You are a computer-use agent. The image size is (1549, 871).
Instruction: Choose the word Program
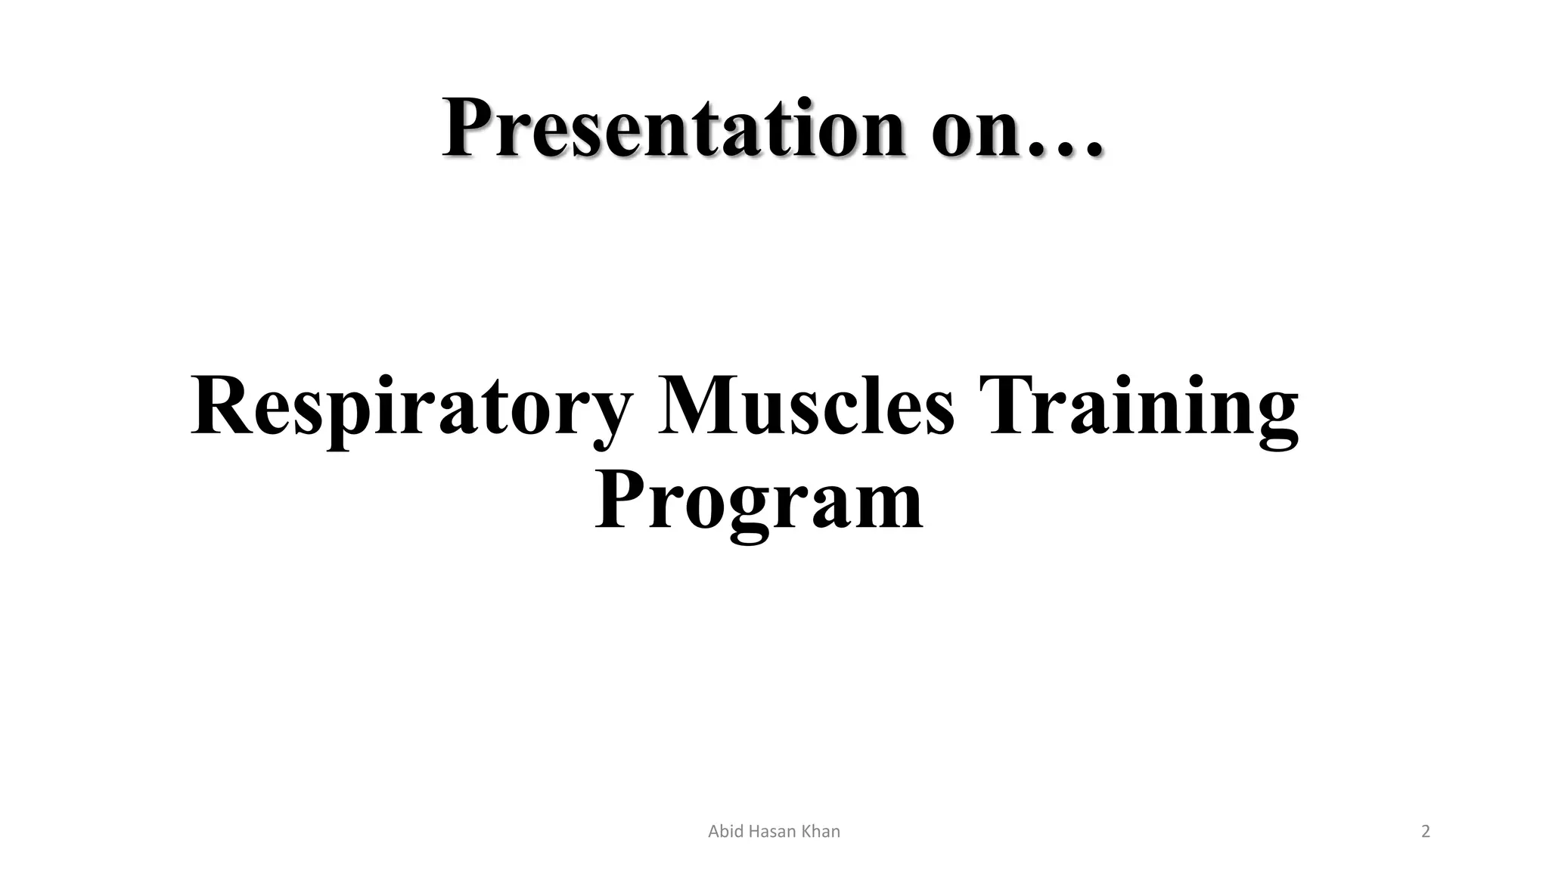click(759, 503)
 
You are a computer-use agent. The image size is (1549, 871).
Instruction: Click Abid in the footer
click(724, 832)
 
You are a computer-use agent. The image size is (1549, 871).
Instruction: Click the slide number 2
click(1426, 832)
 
